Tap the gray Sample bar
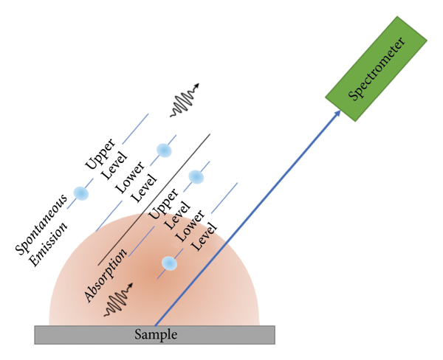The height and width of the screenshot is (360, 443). click(154, 335)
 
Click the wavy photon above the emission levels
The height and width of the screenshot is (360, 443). click(185, 104)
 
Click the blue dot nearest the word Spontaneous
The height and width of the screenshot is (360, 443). click(80, 193)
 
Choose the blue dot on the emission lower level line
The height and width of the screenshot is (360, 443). click(164, 150)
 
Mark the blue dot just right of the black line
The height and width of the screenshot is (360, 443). click(196, 176)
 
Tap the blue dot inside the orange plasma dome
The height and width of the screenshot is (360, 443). click(169, 263)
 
